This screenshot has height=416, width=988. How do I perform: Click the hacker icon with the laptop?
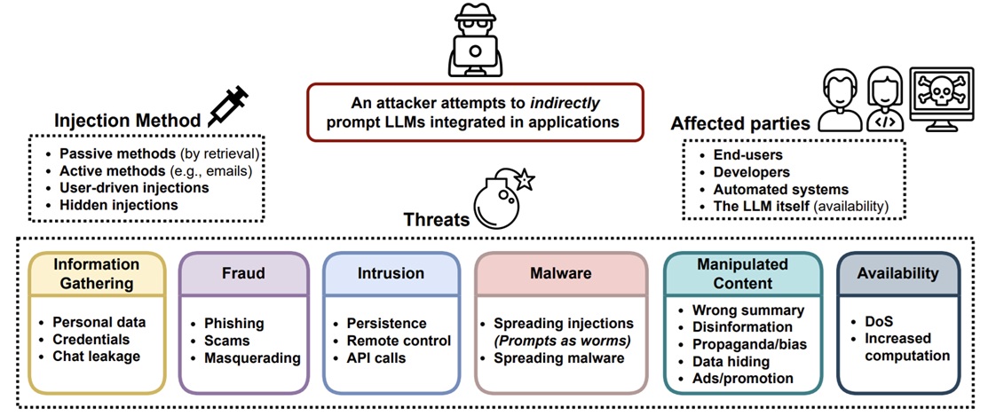tap(476, 43)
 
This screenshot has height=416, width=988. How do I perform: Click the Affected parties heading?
tap(740, 124)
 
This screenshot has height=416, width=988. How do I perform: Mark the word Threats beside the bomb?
tap(438, 220)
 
